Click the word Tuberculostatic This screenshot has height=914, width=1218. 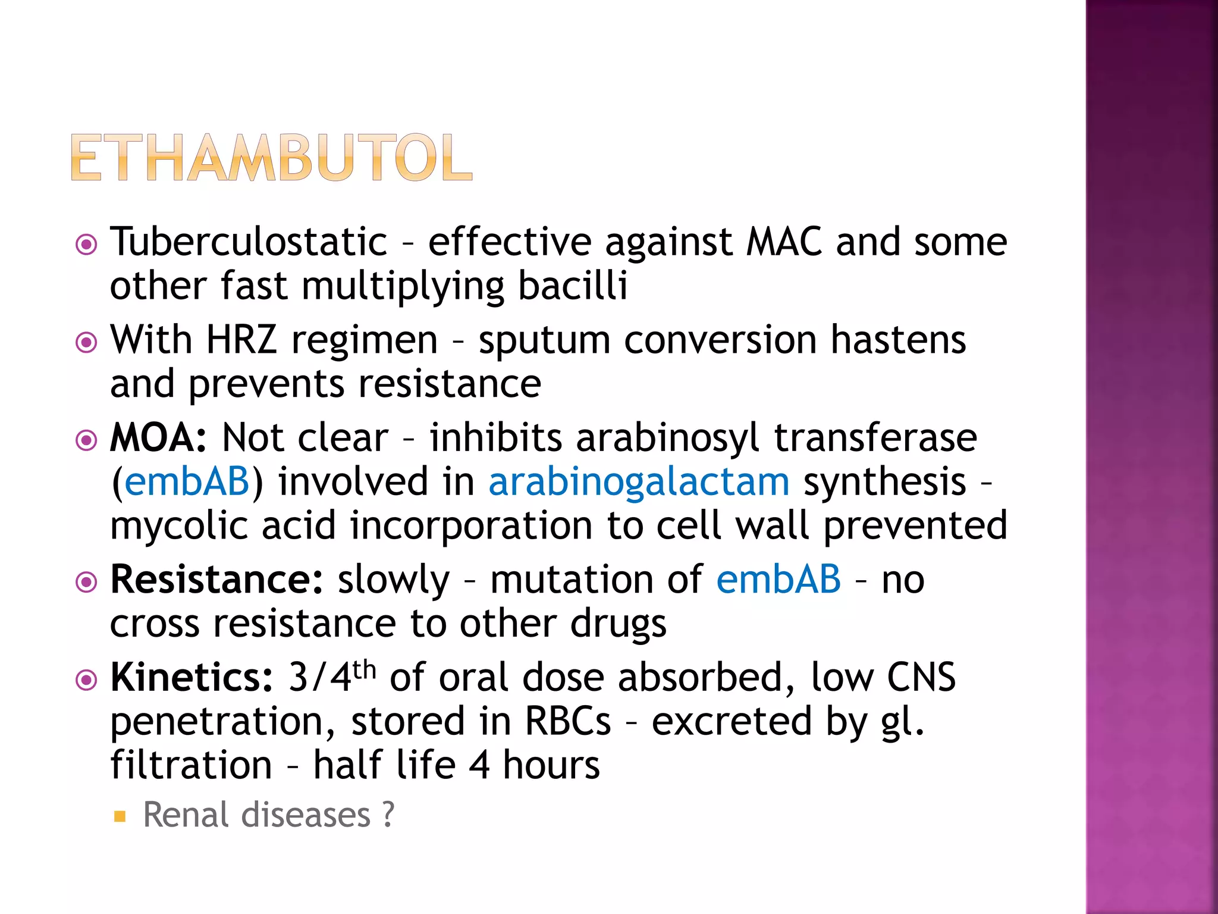pyautogui.click(x=249, y=243)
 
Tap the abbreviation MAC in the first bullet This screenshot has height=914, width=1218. pyautogui.click(x=784, y=243)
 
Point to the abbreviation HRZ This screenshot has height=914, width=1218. pyautogui.click(x=241, y=340)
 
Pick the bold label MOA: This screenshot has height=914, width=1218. pyautogui.click(x=158, y=439)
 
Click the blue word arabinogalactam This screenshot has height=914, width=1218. pyautogui.click(x=639, y=482)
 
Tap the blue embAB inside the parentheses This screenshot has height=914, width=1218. pyautogui.click(x=187, y=482)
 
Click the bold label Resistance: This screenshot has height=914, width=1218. pyautogui.click(x=216, y=580)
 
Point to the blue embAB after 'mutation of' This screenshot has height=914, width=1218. pyautogui.click(x=778, y=580)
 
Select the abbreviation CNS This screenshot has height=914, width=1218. pyautogui.click(x=921, y=678)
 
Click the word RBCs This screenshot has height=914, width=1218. pyautogui.click(x=567, y=721)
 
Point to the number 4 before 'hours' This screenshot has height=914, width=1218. pyautogui.click(x=479, y=765)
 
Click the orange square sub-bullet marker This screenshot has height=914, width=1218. pyautogui.click(x=120, y=816)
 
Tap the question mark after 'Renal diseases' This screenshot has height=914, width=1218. pyautogui.click(x=388, y=815)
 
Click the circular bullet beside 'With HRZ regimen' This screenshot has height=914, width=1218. pyautogui.click(x=87, y=342)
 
